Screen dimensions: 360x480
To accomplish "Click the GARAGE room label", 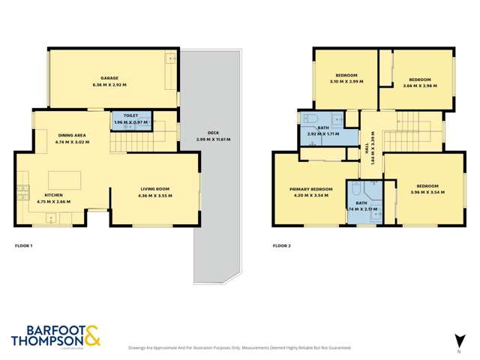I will point(110,78).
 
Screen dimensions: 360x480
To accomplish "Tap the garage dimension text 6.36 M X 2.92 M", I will point(110,86).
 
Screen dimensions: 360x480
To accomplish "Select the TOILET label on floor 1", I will point(130,115).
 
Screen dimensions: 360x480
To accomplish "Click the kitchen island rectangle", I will point(64,179).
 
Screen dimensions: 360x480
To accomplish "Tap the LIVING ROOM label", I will point(155,187).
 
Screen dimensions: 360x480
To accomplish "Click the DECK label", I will point(213,131).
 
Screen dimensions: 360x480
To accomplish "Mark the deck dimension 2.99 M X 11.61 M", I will point(213,139).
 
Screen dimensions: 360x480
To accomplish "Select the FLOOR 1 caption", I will point(24,246).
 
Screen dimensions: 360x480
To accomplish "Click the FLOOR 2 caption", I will point(281,246).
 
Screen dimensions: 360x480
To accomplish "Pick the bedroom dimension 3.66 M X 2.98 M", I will point(419,86).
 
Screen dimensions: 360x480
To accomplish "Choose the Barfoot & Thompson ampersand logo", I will point(92,334).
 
